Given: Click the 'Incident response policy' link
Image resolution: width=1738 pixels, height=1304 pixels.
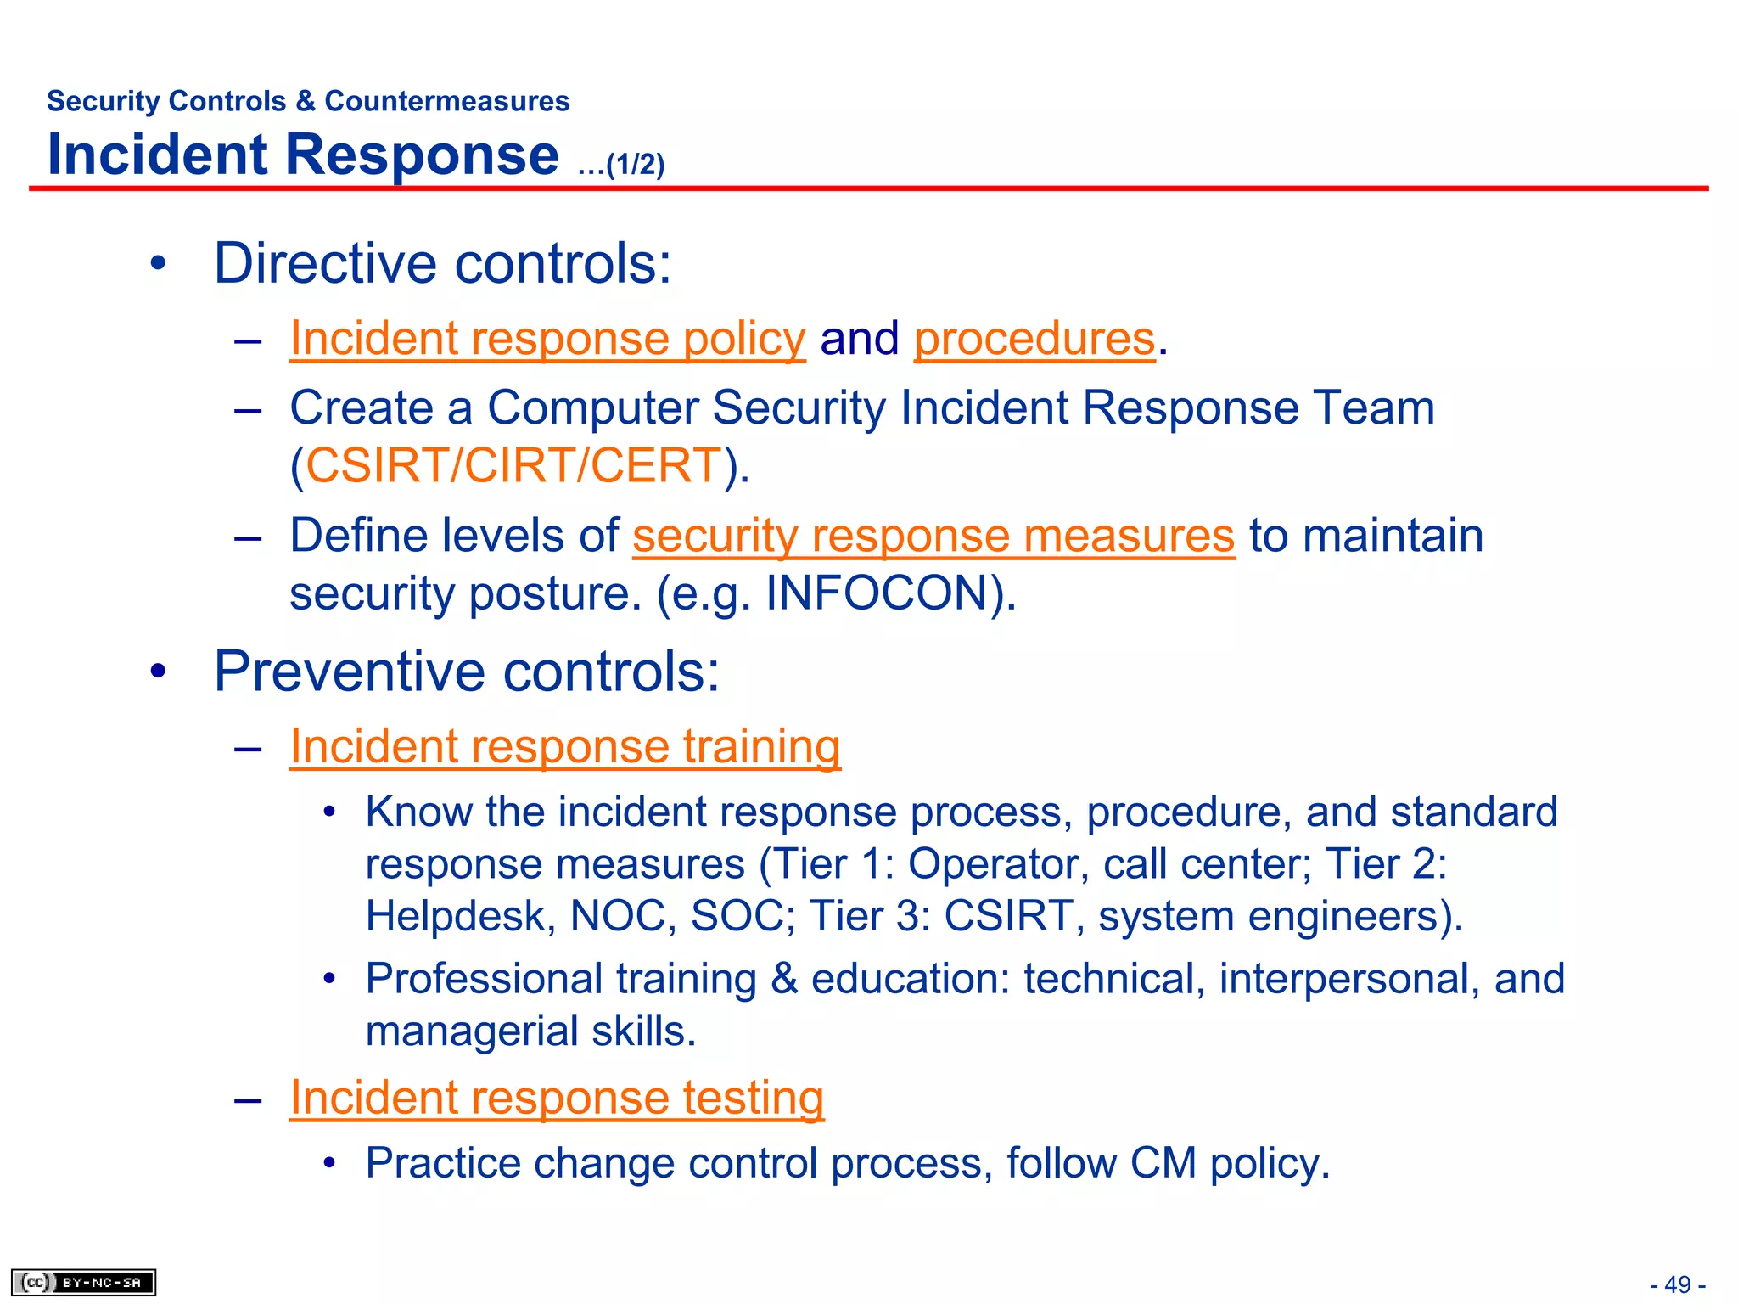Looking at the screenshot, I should coord(547,340).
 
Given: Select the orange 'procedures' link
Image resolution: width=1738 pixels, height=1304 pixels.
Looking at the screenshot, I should coord(1034,340).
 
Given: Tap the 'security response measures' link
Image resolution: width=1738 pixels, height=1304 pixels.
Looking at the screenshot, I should coord(933,537).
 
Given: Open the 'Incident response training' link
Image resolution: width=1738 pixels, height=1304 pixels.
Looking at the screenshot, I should coord(565,748).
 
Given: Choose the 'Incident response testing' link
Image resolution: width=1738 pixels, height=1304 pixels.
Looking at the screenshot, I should coord(557,1098).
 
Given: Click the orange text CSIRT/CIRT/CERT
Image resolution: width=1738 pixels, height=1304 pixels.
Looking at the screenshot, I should coord(513,466).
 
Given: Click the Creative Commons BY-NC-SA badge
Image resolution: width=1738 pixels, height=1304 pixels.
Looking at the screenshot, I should coord(83,1282).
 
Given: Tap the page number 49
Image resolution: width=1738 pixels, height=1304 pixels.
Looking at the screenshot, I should coord(1677,1284).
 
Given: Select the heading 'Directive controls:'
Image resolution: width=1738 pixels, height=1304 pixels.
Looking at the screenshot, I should coord(442,263).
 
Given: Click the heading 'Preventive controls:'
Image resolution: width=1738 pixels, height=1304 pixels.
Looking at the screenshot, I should coord(467,672).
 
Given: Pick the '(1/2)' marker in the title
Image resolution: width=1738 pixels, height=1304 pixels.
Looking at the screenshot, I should coord(635,165).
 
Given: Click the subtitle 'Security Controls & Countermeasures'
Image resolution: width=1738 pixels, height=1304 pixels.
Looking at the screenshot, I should coord(308,101).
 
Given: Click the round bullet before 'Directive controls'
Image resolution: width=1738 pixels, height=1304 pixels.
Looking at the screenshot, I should coord(158,264).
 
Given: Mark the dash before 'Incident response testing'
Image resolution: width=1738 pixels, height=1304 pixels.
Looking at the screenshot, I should coord(248,1100).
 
